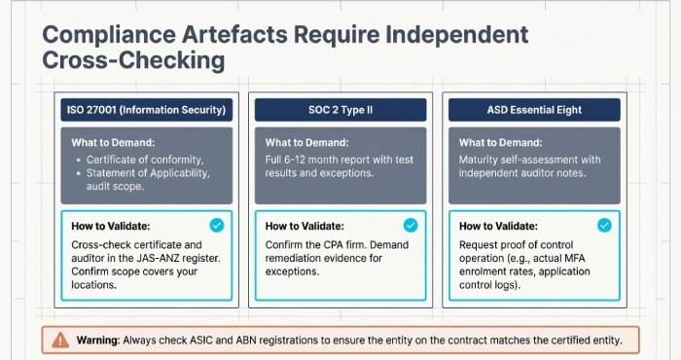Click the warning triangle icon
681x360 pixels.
tap(60, 341)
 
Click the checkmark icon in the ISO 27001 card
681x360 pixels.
tap(216, 225)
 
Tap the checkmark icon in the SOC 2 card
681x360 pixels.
tap(411, 225)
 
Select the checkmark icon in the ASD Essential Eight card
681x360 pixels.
tap(605, 225)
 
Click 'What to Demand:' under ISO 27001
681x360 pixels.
tap(114, 141)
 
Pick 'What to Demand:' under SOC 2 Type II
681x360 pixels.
tap(308, 141)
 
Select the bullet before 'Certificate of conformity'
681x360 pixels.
tap(78, 160)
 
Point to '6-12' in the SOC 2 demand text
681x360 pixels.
tap(301, 159)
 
